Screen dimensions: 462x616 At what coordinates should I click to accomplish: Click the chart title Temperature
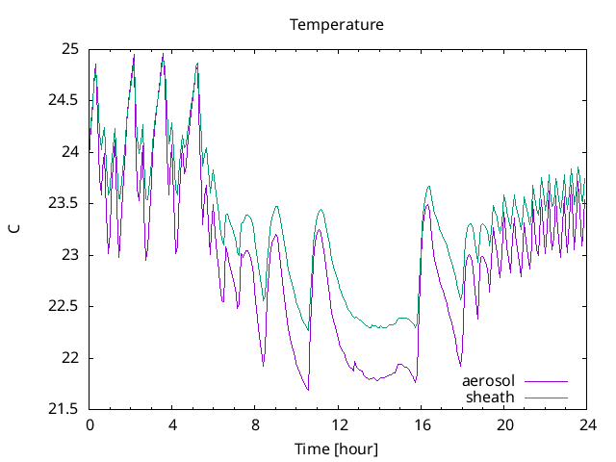[337, 24]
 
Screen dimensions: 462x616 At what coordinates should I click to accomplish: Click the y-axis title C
[14, 228]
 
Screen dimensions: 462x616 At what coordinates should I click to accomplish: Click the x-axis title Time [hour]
[337, 449]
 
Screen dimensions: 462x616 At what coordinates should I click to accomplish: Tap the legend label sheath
[491, 397]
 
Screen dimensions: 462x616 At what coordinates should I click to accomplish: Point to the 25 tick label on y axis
[69, 48]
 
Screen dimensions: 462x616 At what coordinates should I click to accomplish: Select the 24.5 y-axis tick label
[64, 100]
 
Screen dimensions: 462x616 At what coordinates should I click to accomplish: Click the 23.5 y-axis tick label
[64, 203]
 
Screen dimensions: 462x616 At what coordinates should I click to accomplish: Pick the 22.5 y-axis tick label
[64, 306]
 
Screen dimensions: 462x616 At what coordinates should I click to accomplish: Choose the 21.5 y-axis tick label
[64, 409]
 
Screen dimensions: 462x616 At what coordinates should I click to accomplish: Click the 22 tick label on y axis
[69, 358]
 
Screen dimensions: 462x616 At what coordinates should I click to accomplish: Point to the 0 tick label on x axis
[90, 424]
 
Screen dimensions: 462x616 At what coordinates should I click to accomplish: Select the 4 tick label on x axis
[172, 424]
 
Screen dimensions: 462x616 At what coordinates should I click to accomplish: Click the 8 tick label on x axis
[256, 424]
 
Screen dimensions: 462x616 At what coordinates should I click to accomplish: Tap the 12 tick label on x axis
[339, 424]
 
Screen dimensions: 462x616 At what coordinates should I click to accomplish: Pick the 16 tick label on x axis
[422, 424]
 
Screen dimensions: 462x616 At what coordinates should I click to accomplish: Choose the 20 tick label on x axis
[504, 424]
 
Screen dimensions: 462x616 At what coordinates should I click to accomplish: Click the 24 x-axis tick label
[587, 424]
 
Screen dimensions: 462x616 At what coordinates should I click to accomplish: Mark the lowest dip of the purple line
[308, 390]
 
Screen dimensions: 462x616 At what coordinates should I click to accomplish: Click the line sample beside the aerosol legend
[545, 381]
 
